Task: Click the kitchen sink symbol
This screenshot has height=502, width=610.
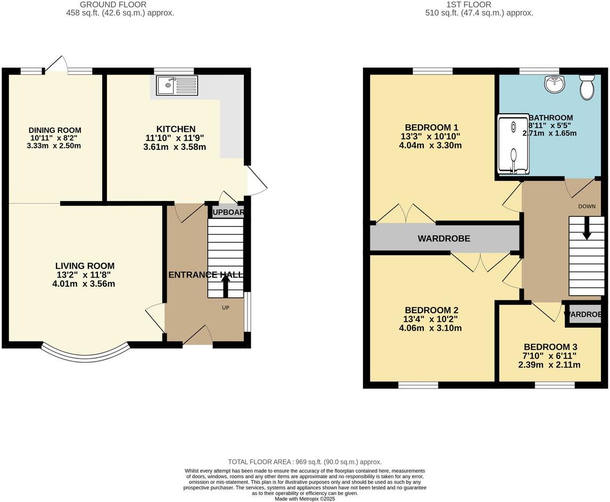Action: pyautogui.click(x=177, y=85)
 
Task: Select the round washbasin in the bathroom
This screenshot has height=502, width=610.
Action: pyautogui.click(x=555, y=84)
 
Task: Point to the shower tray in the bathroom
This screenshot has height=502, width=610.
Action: pyautogui.click(x=514, y=145)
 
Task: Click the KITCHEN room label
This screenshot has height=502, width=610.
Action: pyautogui.click(x=176, y=129)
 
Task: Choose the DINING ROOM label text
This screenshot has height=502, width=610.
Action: pyautogui.click(x=55, y=130)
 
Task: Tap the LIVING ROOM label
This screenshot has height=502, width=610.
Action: pyautogui.click(x=85, y=266)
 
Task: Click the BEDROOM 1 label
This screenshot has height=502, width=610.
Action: pyautogui.click(x=432, y=128)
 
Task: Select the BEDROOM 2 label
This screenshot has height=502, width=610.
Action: pyautogui.click(x=432, y=310)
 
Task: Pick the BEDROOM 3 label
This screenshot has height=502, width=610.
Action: pyautogui.click(x=550, y=346)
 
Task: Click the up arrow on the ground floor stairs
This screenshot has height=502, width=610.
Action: pyautogui.click(x=226, y=285)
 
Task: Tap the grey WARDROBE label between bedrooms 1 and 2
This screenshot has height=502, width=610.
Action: pyautogui.click(x=444, y=239)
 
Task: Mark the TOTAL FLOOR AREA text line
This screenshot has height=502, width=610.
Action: pyautogui.click(x=304, y=462)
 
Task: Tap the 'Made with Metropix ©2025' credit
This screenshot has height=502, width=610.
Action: pyautogui.click(x=305, y=499)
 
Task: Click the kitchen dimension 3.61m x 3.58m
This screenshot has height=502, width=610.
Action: pyautogui.click(x=174, y=147)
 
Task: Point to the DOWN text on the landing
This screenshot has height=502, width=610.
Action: pyautogui.click(x=587, y=206)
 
